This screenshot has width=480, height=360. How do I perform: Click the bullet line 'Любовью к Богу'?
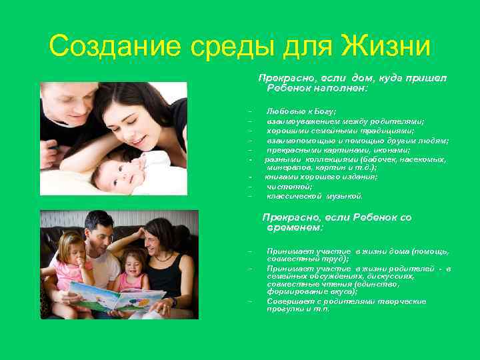pyautogui.click(x=301, y=112)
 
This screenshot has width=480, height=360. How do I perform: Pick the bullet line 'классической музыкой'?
pyautogui.click(x=315, y=196)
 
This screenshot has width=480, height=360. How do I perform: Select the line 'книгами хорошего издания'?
pyautogui.click(x=321, y=177)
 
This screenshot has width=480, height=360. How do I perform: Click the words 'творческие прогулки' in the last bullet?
pyautogui.click(x=373, y=305)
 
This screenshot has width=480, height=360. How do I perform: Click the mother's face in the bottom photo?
pyautogui.click(x=155, y=243)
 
